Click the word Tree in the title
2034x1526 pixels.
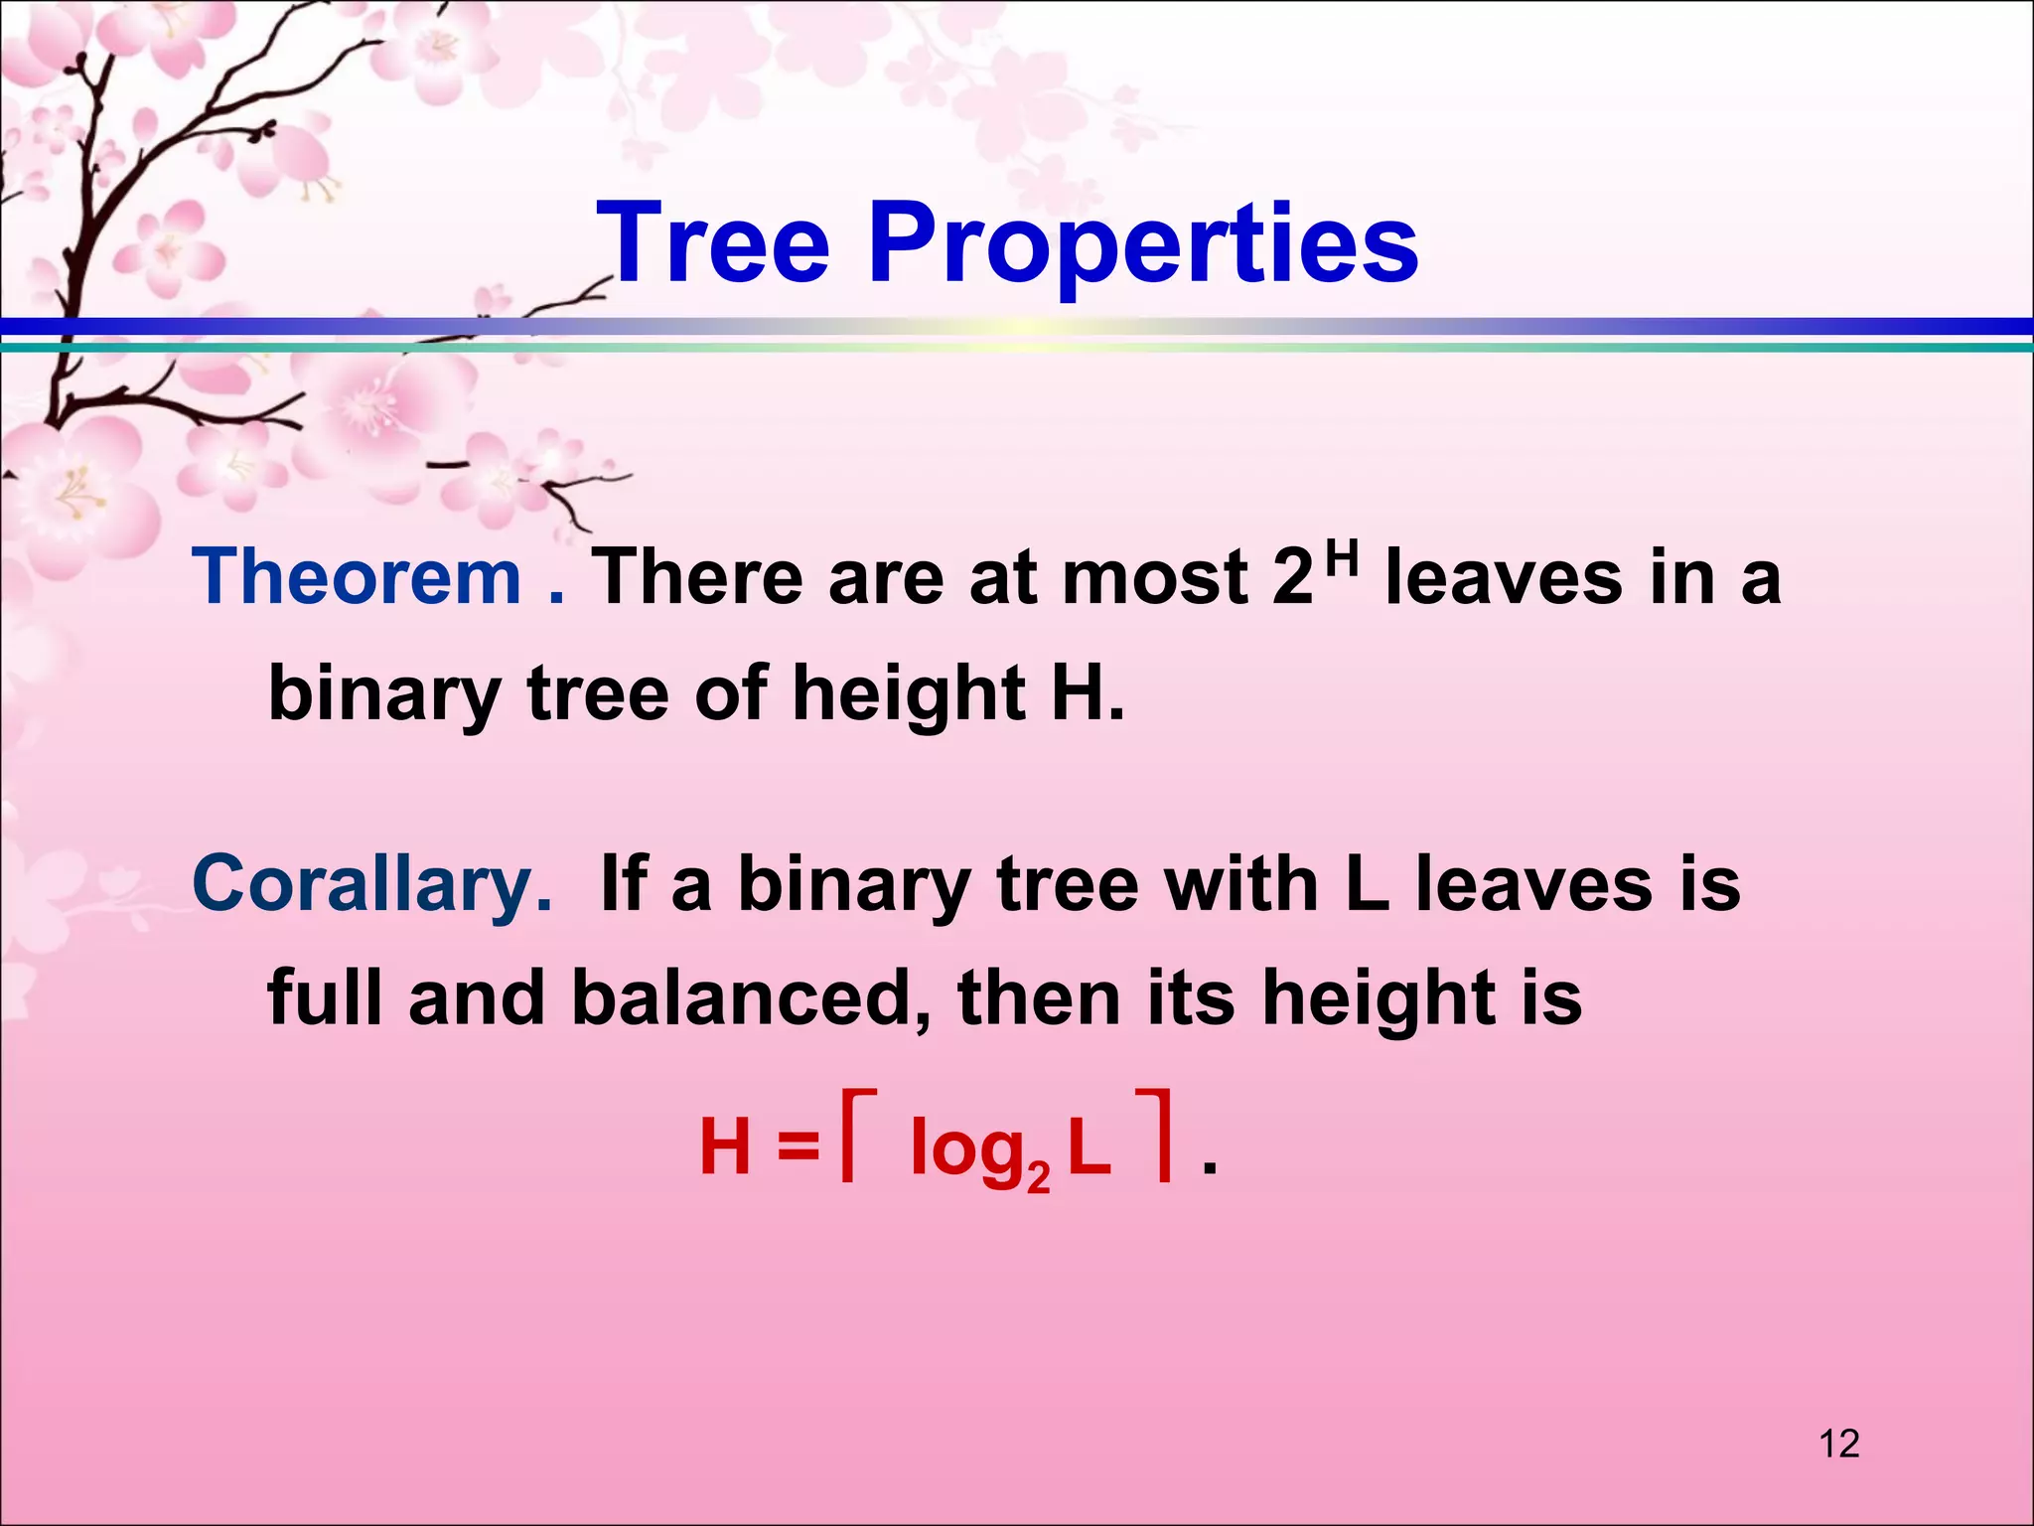713,243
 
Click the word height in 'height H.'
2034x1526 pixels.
908,694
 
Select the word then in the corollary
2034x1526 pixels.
1039,997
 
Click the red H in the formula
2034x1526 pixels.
725,1147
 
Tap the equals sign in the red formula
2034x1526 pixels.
799,1148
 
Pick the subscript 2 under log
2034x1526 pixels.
1038,1177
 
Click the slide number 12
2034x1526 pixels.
1839,1444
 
